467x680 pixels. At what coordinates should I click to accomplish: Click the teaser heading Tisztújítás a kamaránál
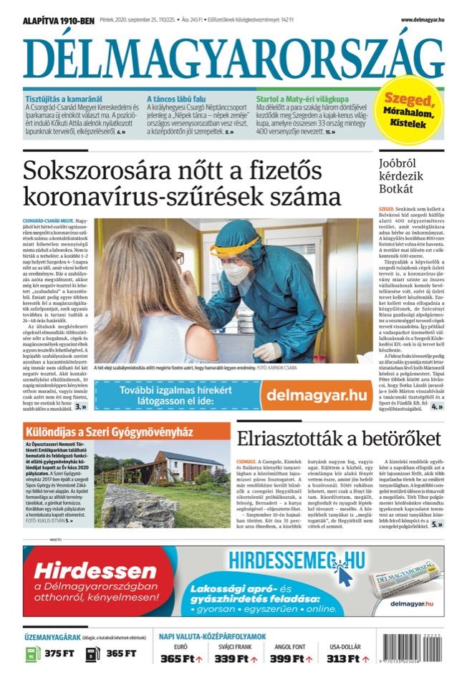[64, 99]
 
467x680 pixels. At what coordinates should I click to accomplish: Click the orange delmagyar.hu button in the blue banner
[313, 394]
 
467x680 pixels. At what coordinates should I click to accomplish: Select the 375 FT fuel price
[59, 654]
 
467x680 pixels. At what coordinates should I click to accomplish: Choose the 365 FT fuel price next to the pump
[121, 654]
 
